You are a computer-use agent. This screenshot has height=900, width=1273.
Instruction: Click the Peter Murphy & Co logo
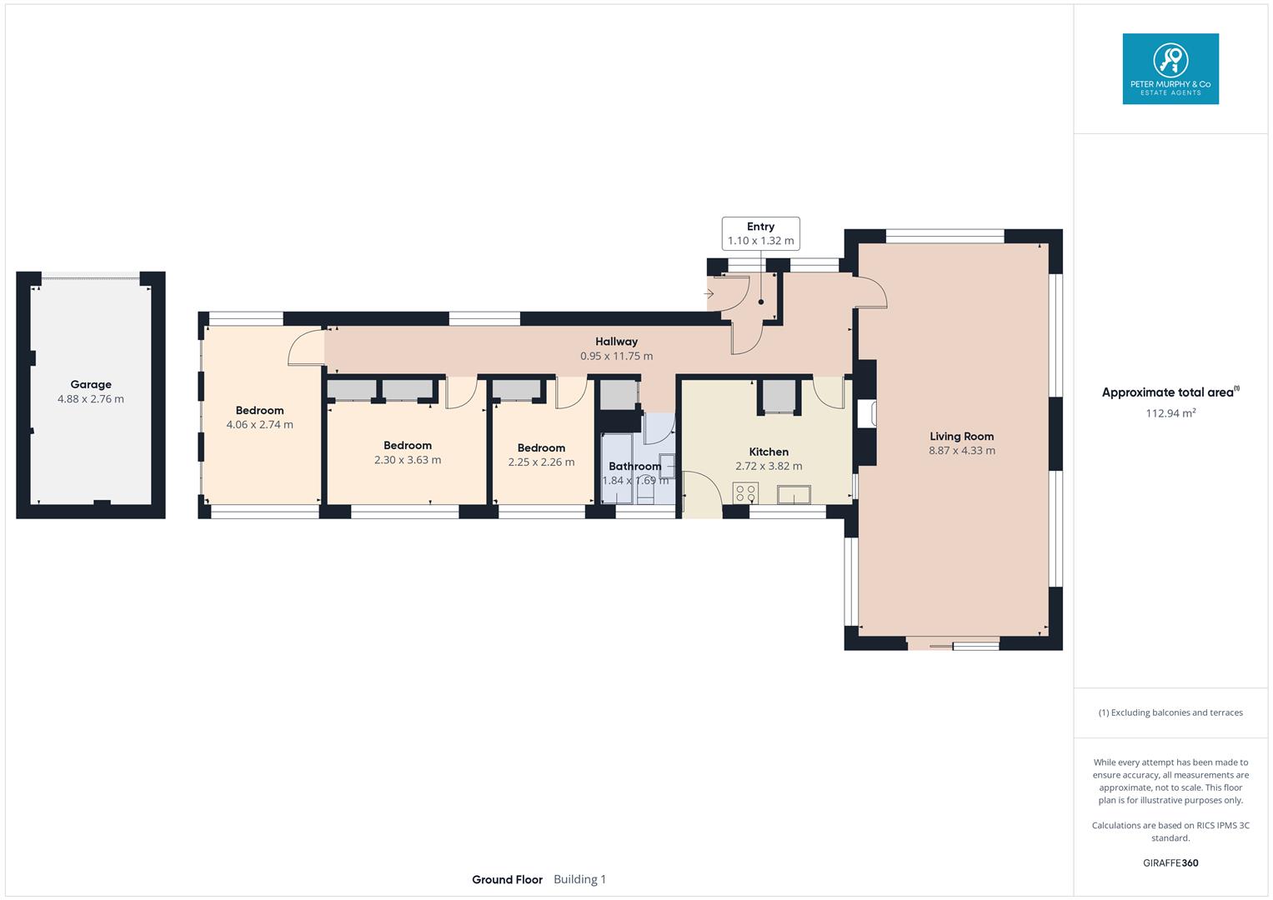1170,69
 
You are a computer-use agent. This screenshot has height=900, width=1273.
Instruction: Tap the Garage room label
91,384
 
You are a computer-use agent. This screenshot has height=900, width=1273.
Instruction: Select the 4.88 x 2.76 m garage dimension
91,399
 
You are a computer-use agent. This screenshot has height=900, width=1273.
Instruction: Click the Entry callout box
760,233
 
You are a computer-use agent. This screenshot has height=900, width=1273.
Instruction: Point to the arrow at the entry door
709,294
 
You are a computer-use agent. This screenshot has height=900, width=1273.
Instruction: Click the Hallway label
616,342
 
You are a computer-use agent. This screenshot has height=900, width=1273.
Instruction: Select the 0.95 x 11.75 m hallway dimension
616,356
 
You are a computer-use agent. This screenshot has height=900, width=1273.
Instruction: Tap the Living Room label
961,436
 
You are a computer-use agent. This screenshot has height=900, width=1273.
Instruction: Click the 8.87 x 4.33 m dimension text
961,451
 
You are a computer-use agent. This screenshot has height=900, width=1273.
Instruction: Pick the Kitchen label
768,452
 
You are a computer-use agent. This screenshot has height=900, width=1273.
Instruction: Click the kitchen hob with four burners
745,492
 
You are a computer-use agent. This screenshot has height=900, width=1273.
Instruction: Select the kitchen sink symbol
794,494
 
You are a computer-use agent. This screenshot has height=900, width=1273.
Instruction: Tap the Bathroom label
634,466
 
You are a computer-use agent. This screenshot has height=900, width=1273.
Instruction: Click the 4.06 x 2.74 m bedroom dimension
259,424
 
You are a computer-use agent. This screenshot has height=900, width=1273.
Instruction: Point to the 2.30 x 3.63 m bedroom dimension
407,460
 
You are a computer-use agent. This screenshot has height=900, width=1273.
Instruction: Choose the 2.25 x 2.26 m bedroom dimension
541,462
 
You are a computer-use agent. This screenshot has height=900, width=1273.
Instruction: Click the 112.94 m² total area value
1170,412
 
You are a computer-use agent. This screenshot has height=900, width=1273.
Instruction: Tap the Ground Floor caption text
507,879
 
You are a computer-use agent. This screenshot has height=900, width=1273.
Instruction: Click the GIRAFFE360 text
1170,862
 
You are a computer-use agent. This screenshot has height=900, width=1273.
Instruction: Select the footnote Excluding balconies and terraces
1170,712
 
